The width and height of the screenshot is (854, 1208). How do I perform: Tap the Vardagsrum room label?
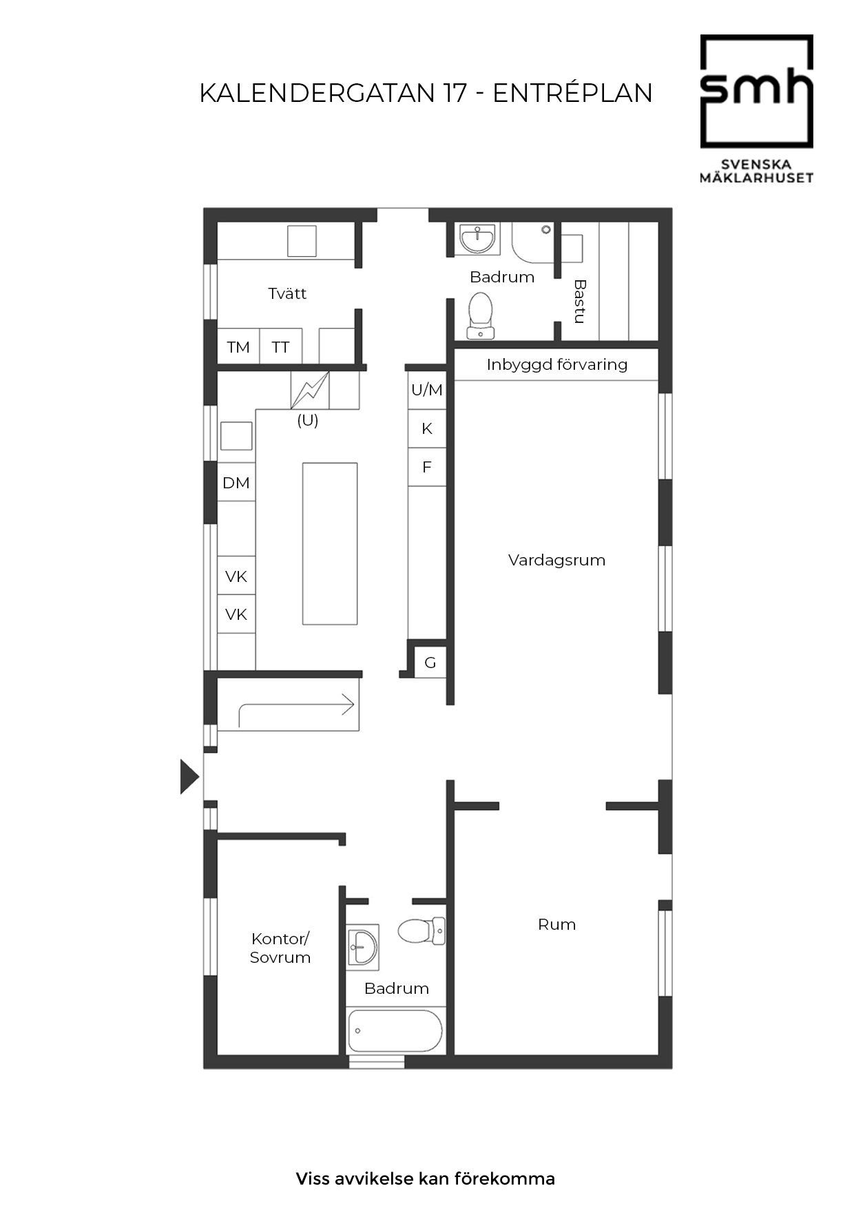coord(556,560)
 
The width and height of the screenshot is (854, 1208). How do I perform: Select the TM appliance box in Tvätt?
coord(238,346)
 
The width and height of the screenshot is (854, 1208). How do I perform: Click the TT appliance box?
coord(280,346)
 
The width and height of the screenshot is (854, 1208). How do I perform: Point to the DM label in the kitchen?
coord(236,483)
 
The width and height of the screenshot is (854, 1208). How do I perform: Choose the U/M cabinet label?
coord(427,390)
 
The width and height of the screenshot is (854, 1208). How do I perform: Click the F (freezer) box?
coord(427,467)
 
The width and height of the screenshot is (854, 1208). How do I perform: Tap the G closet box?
coord(430,663)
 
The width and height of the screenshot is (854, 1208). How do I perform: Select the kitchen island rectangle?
coord(330,543)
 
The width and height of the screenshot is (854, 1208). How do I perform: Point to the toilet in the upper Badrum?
coord(481,315)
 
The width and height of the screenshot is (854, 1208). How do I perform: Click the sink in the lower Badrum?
coord(362,947)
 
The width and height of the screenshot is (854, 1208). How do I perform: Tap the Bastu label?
coord(580,301)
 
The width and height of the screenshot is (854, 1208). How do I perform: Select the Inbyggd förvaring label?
coord(557,364)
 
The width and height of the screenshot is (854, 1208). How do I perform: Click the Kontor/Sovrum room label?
coord(280,948)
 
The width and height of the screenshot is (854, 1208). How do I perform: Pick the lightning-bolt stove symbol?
coord(310,390)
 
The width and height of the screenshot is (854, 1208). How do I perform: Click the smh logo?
coord(757,109)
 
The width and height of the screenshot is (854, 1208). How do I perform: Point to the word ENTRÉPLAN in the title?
coord(573,93)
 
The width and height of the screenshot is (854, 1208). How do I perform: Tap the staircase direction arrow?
coord(296,710)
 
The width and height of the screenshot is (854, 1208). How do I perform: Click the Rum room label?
coord(556,924)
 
